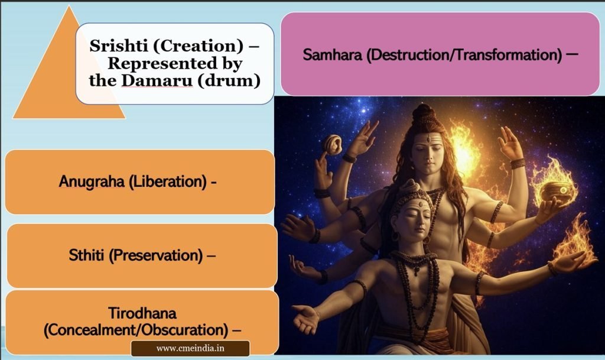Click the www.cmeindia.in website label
pos(190,348)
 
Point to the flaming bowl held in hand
pos(556,192)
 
